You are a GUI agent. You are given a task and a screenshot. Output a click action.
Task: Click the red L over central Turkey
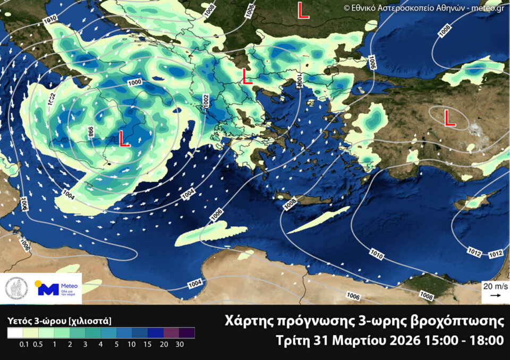pyautogui.click(x=449, y=118)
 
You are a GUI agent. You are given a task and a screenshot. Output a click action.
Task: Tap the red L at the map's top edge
pyautogui.click(x=303, y=11)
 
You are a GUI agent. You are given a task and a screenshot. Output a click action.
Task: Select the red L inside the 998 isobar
pyautogui.click(x=124, y=139)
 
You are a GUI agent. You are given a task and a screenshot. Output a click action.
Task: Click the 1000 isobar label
pyautogui.click(x=135, y=83)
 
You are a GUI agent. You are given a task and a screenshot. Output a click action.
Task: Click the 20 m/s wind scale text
pyautogui.click(x=495, y=286)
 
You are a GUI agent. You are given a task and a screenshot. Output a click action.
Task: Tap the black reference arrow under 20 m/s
pyautogui.click(x=495, y=295)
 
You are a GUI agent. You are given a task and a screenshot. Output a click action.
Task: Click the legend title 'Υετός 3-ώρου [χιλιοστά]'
pyautogui.click(x=59, y=321)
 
